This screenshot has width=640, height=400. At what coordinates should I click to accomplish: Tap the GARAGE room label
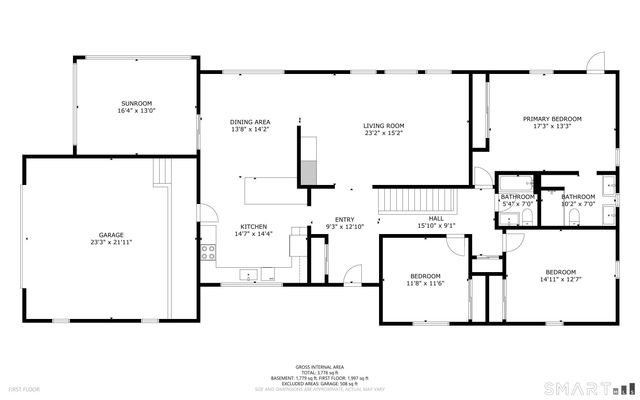111,235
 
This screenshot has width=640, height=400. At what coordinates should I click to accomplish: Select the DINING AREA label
250,121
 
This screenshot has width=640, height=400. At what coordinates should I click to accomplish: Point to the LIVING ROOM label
385,124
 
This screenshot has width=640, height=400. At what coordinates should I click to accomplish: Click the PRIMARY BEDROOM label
551,118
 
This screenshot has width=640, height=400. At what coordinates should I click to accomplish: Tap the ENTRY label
344,220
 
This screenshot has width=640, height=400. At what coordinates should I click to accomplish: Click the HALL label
436,218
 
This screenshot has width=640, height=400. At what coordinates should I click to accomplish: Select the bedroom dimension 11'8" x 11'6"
425,283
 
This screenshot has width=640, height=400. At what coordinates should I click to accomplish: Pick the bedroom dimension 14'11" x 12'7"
560,279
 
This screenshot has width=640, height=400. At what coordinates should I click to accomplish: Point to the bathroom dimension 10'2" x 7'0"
577,203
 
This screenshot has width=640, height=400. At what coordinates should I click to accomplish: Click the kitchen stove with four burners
208,251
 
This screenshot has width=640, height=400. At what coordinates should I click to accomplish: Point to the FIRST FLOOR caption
22,388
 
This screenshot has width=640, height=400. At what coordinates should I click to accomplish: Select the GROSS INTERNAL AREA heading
319,367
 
